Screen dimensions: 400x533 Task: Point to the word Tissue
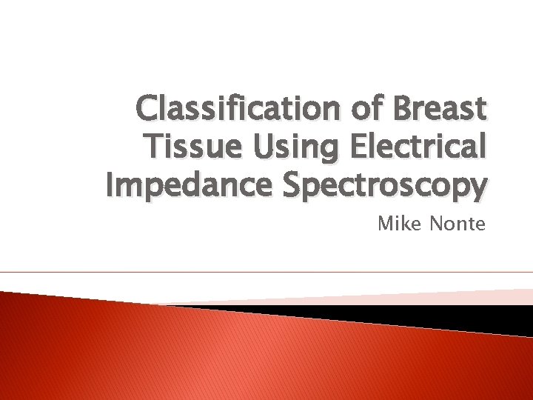[x=188, y=148]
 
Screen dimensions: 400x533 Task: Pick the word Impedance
[x=190, y=187]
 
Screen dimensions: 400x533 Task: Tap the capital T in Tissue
[x=155, y=148]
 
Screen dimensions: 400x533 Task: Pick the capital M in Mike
[x=386, y=223]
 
